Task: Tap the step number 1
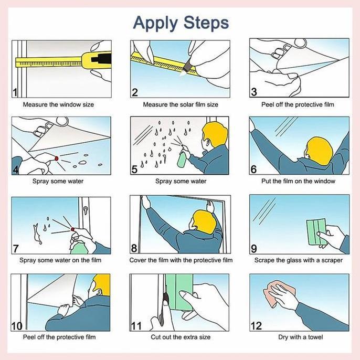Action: tap(15, 92)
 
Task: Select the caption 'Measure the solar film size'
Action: tap(181, 105)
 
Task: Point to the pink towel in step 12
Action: tap(278, 293)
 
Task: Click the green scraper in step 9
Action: tap(317, 232)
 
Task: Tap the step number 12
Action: tap(256, 326)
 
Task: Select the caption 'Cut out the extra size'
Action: tap(181, 337)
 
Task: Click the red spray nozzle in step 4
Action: tap(57, 158)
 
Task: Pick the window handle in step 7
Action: tap(85, 210)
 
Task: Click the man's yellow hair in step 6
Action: tap(320, 151)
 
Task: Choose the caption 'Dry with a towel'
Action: tap(300, 337)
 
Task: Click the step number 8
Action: tap(134, 248)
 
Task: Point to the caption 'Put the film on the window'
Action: tap(298, 181)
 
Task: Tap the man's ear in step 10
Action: tap(99, 292)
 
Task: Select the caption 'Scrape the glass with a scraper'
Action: tap(298, 260)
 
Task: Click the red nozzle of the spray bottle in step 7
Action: tap(73, 229)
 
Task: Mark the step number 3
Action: tap(253, 92)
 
